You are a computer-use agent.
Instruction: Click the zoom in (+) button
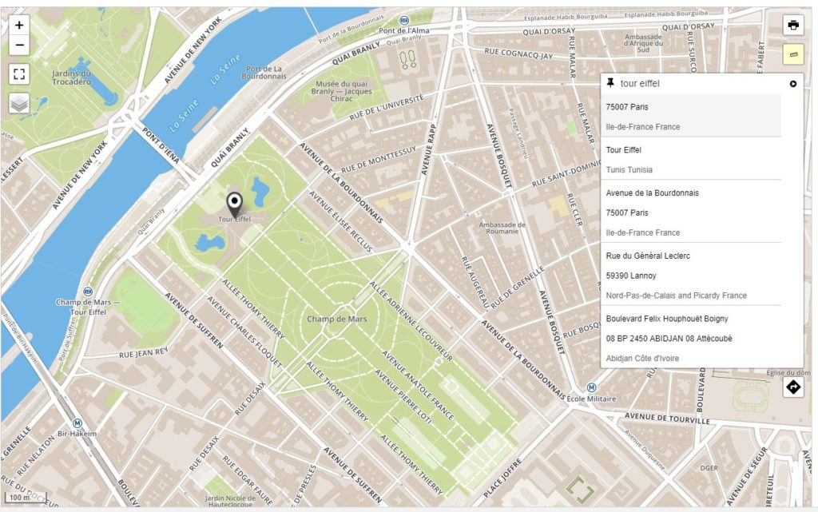pos(19,25)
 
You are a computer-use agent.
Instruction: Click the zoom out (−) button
pos(19,46)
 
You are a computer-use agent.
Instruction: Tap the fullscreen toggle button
pos(19,74)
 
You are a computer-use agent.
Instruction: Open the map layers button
pos(19,103)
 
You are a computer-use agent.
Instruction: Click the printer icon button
pos(792,25)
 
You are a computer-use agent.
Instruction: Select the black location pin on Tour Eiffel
pos(234,203)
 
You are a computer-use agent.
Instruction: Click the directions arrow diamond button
pos(792,387)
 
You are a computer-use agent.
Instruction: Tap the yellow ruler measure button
pos(792,54)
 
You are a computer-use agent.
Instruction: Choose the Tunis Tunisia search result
pos(629,169)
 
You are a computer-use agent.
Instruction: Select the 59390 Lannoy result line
pos(630,276)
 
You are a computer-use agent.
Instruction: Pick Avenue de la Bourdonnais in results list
pos(652,192)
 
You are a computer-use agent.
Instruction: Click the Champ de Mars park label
pos(336,320)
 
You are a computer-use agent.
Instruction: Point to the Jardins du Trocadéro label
pos(71,77)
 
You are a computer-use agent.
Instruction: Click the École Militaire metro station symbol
pos(570,397)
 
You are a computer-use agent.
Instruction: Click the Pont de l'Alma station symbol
pos(404,20)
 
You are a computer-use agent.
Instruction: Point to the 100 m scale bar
pos(24,498)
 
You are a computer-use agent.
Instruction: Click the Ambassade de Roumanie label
pos(502,228)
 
